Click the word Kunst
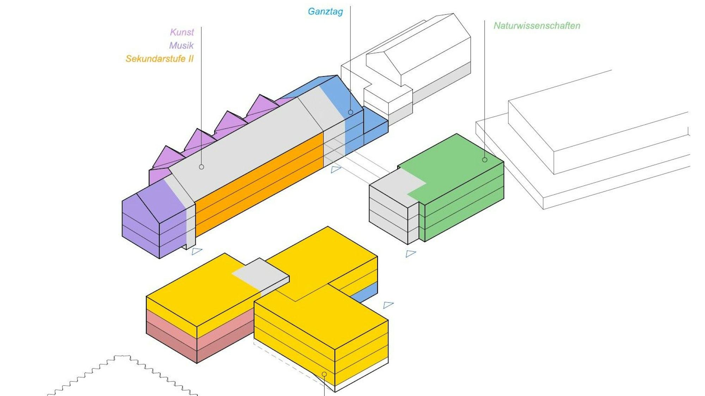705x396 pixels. click(182, 32)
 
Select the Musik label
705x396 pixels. click(181, 45)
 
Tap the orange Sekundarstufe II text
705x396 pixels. click(159, 59)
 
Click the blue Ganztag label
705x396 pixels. click(325, 12)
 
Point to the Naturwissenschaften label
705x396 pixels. click(537, 26)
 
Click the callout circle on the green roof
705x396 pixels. click(485, 160)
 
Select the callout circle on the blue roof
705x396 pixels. click(350, 112)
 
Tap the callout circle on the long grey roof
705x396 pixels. click(201, 167)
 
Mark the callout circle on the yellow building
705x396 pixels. click(324, 374)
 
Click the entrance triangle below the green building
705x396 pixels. click(410, 253)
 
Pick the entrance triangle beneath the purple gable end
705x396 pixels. click(196, 251)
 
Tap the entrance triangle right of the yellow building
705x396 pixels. click(388, 305)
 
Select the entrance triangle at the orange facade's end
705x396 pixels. click(336, 169)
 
